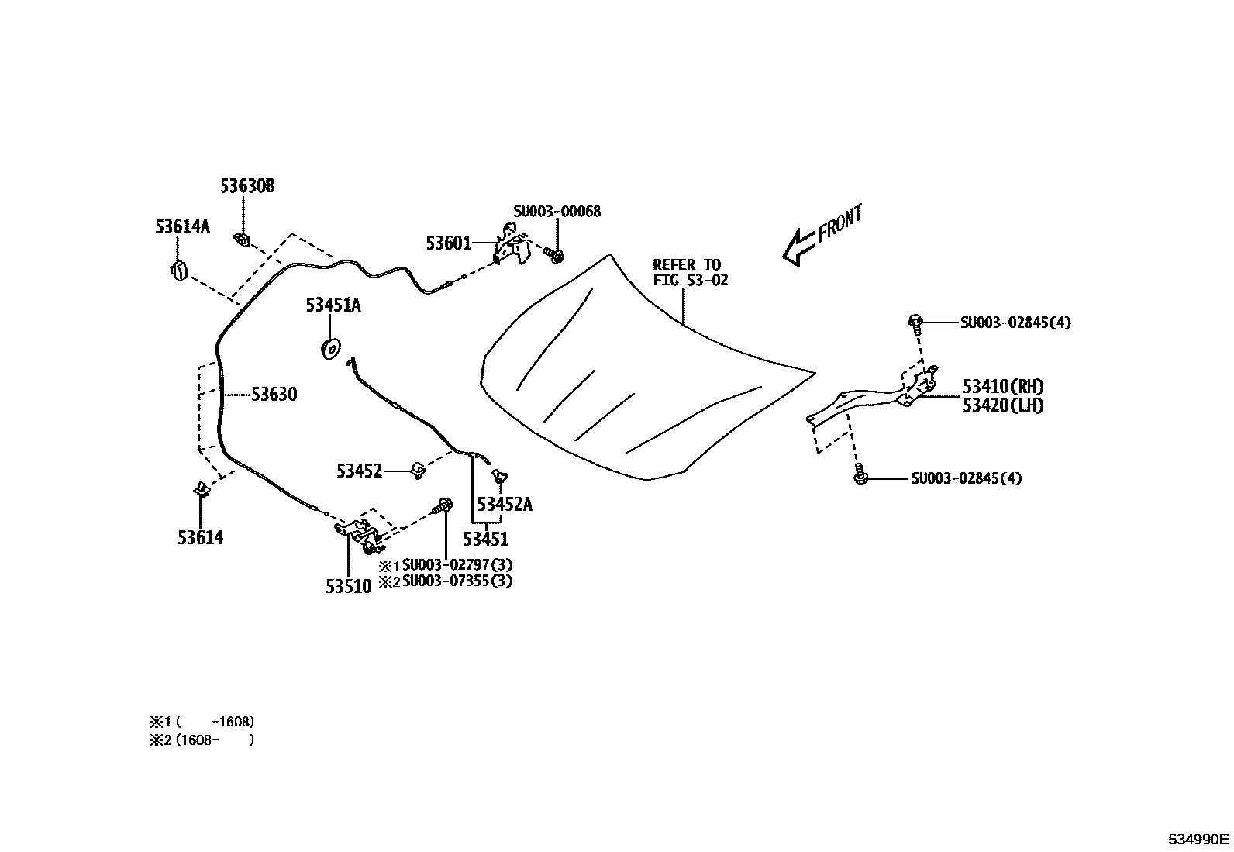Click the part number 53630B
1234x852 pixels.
(x=246, y=186)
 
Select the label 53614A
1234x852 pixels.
(x=182, y=226)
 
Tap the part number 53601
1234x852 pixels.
(x=448, y=243)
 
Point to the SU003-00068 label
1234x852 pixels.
(x=557, y=211)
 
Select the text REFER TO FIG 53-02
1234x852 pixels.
(x=689, y=272)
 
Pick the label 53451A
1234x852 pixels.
(x=333, y=305)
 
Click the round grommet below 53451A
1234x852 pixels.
(x=331, y=349)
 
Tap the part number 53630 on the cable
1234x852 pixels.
(x=274, y=395)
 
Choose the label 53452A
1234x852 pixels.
(x=505, y=505)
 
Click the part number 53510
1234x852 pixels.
(x=348, y=586)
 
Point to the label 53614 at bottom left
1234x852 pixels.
(x=200, y=537)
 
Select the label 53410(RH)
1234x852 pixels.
(x=1003, y=386)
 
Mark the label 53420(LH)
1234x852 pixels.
(x=1003, y=405)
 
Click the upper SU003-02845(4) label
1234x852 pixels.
(x=1015, y=323)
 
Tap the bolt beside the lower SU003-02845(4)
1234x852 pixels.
(x=860, y=475)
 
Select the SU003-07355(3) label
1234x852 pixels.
(x=457, y=581)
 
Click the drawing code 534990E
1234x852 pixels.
(x=1199, y=839)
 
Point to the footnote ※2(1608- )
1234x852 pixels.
(x=202, y=740)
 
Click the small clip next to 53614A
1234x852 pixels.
(x=178, y=271)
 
